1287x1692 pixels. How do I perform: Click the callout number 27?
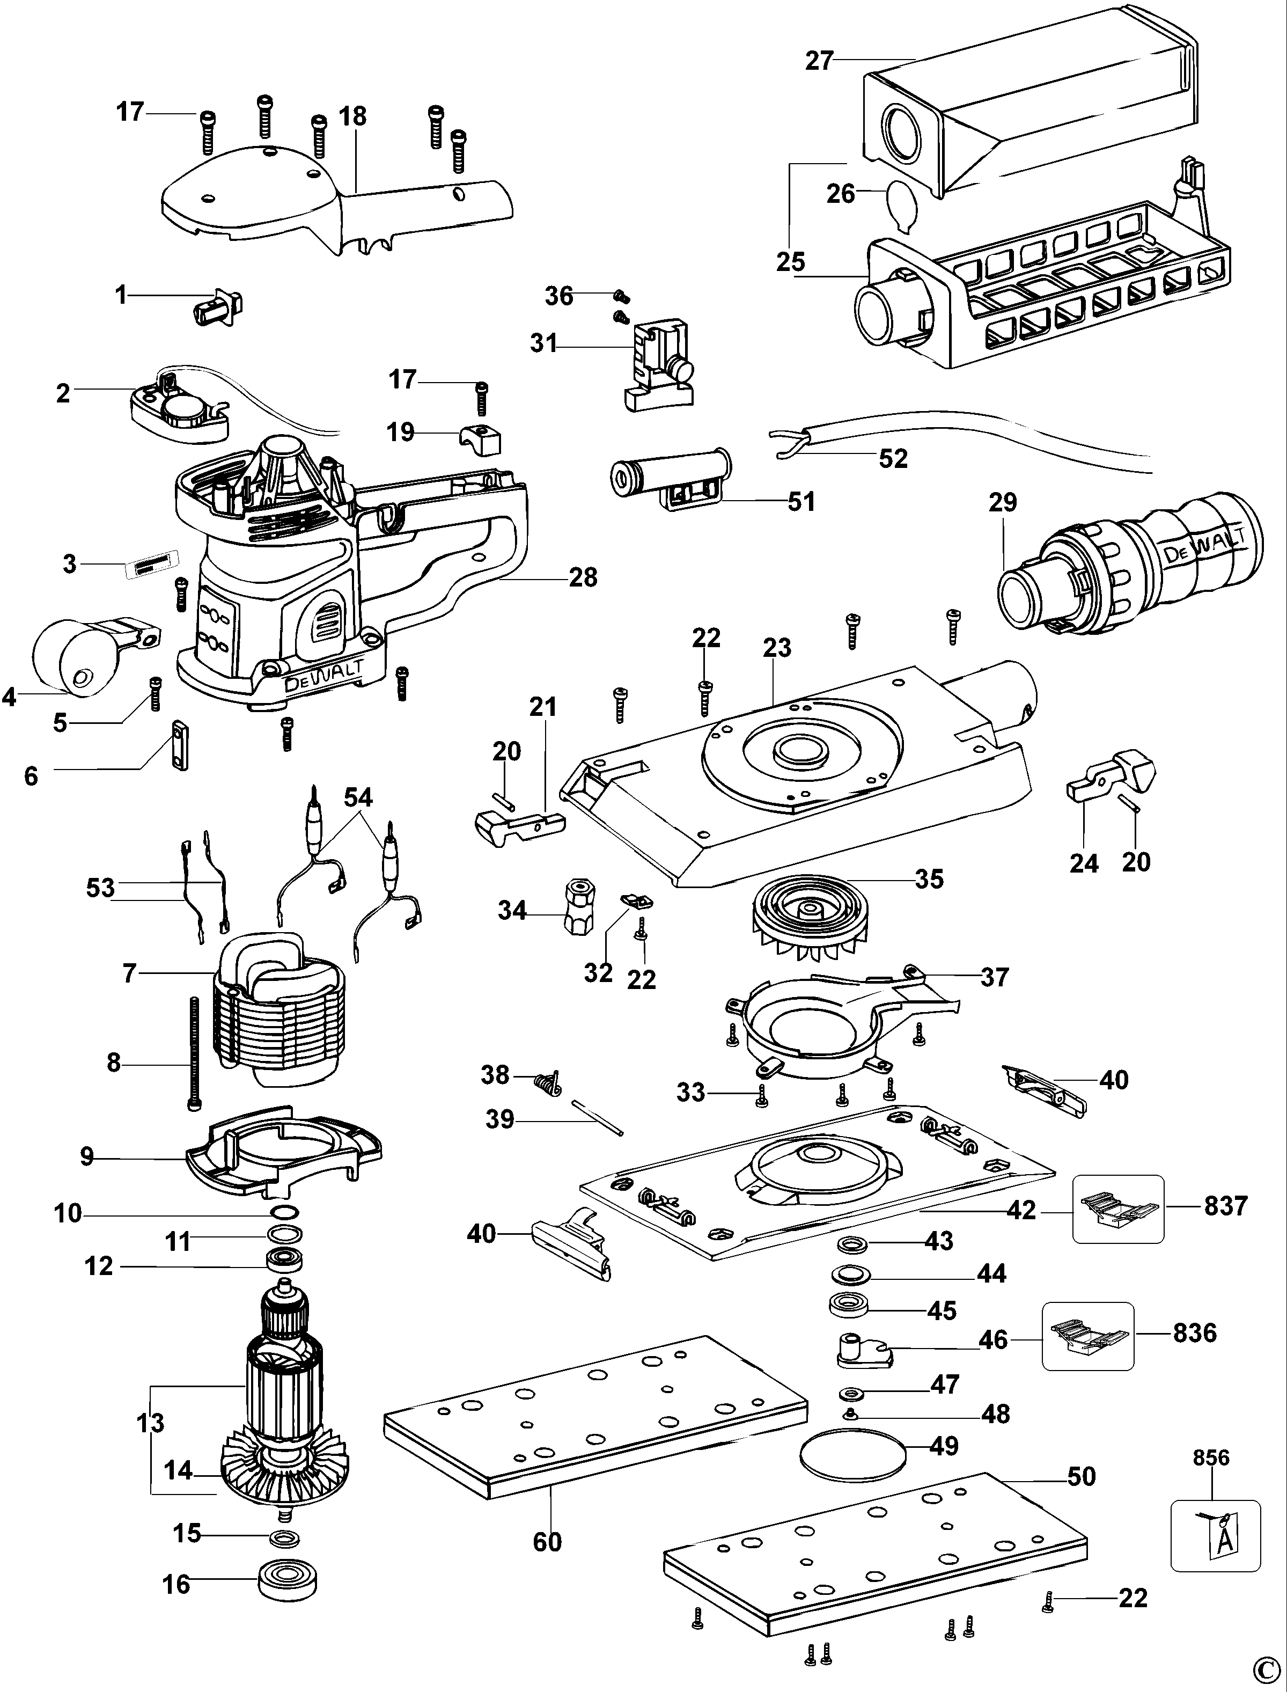[818, 61]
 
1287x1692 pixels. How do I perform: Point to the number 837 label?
[1226, 1205]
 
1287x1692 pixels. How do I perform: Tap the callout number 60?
[547, 1541]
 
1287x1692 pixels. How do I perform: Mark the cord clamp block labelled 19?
[480, 439]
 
